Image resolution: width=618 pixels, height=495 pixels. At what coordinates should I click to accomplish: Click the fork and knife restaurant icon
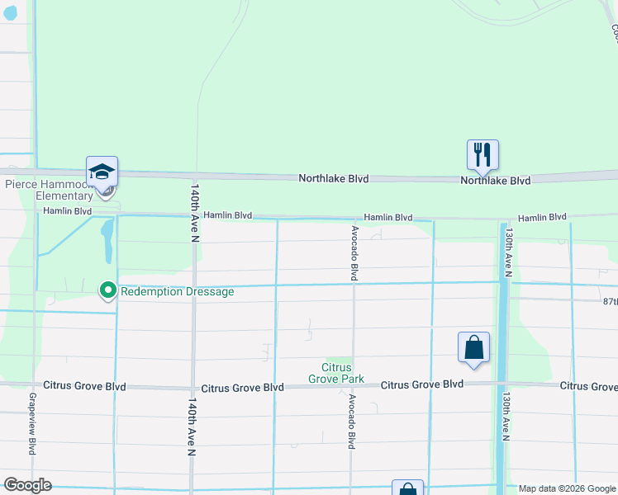pos(483,153)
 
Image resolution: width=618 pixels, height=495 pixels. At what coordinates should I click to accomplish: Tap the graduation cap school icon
pos(102,171)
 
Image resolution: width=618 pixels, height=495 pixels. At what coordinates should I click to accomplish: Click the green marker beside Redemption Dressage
pos(107,290)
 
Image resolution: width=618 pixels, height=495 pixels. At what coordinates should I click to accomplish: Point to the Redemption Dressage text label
pos(177,291)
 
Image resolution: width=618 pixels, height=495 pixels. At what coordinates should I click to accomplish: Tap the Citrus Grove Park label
pos(336,373)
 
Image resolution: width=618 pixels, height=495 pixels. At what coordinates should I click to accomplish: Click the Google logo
pos(27,485)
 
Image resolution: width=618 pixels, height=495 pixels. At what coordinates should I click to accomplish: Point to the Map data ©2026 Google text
pos(567,488)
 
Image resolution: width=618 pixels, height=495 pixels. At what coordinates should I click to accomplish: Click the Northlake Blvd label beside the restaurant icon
pos(495,180)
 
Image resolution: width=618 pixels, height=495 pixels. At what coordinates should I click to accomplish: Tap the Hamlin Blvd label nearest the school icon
pos(68,211)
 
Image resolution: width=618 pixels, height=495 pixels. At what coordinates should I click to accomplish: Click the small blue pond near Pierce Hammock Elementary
pos(107,239)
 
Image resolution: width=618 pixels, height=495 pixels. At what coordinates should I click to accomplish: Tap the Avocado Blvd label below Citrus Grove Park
pos(352,421)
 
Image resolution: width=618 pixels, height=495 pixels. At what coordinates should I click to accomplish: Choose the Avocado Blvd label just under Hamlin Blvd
pos(354,253)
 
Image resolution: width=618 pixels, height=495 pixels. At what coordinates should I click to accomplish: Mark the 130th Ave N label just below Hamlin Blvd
pos(510,252)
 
